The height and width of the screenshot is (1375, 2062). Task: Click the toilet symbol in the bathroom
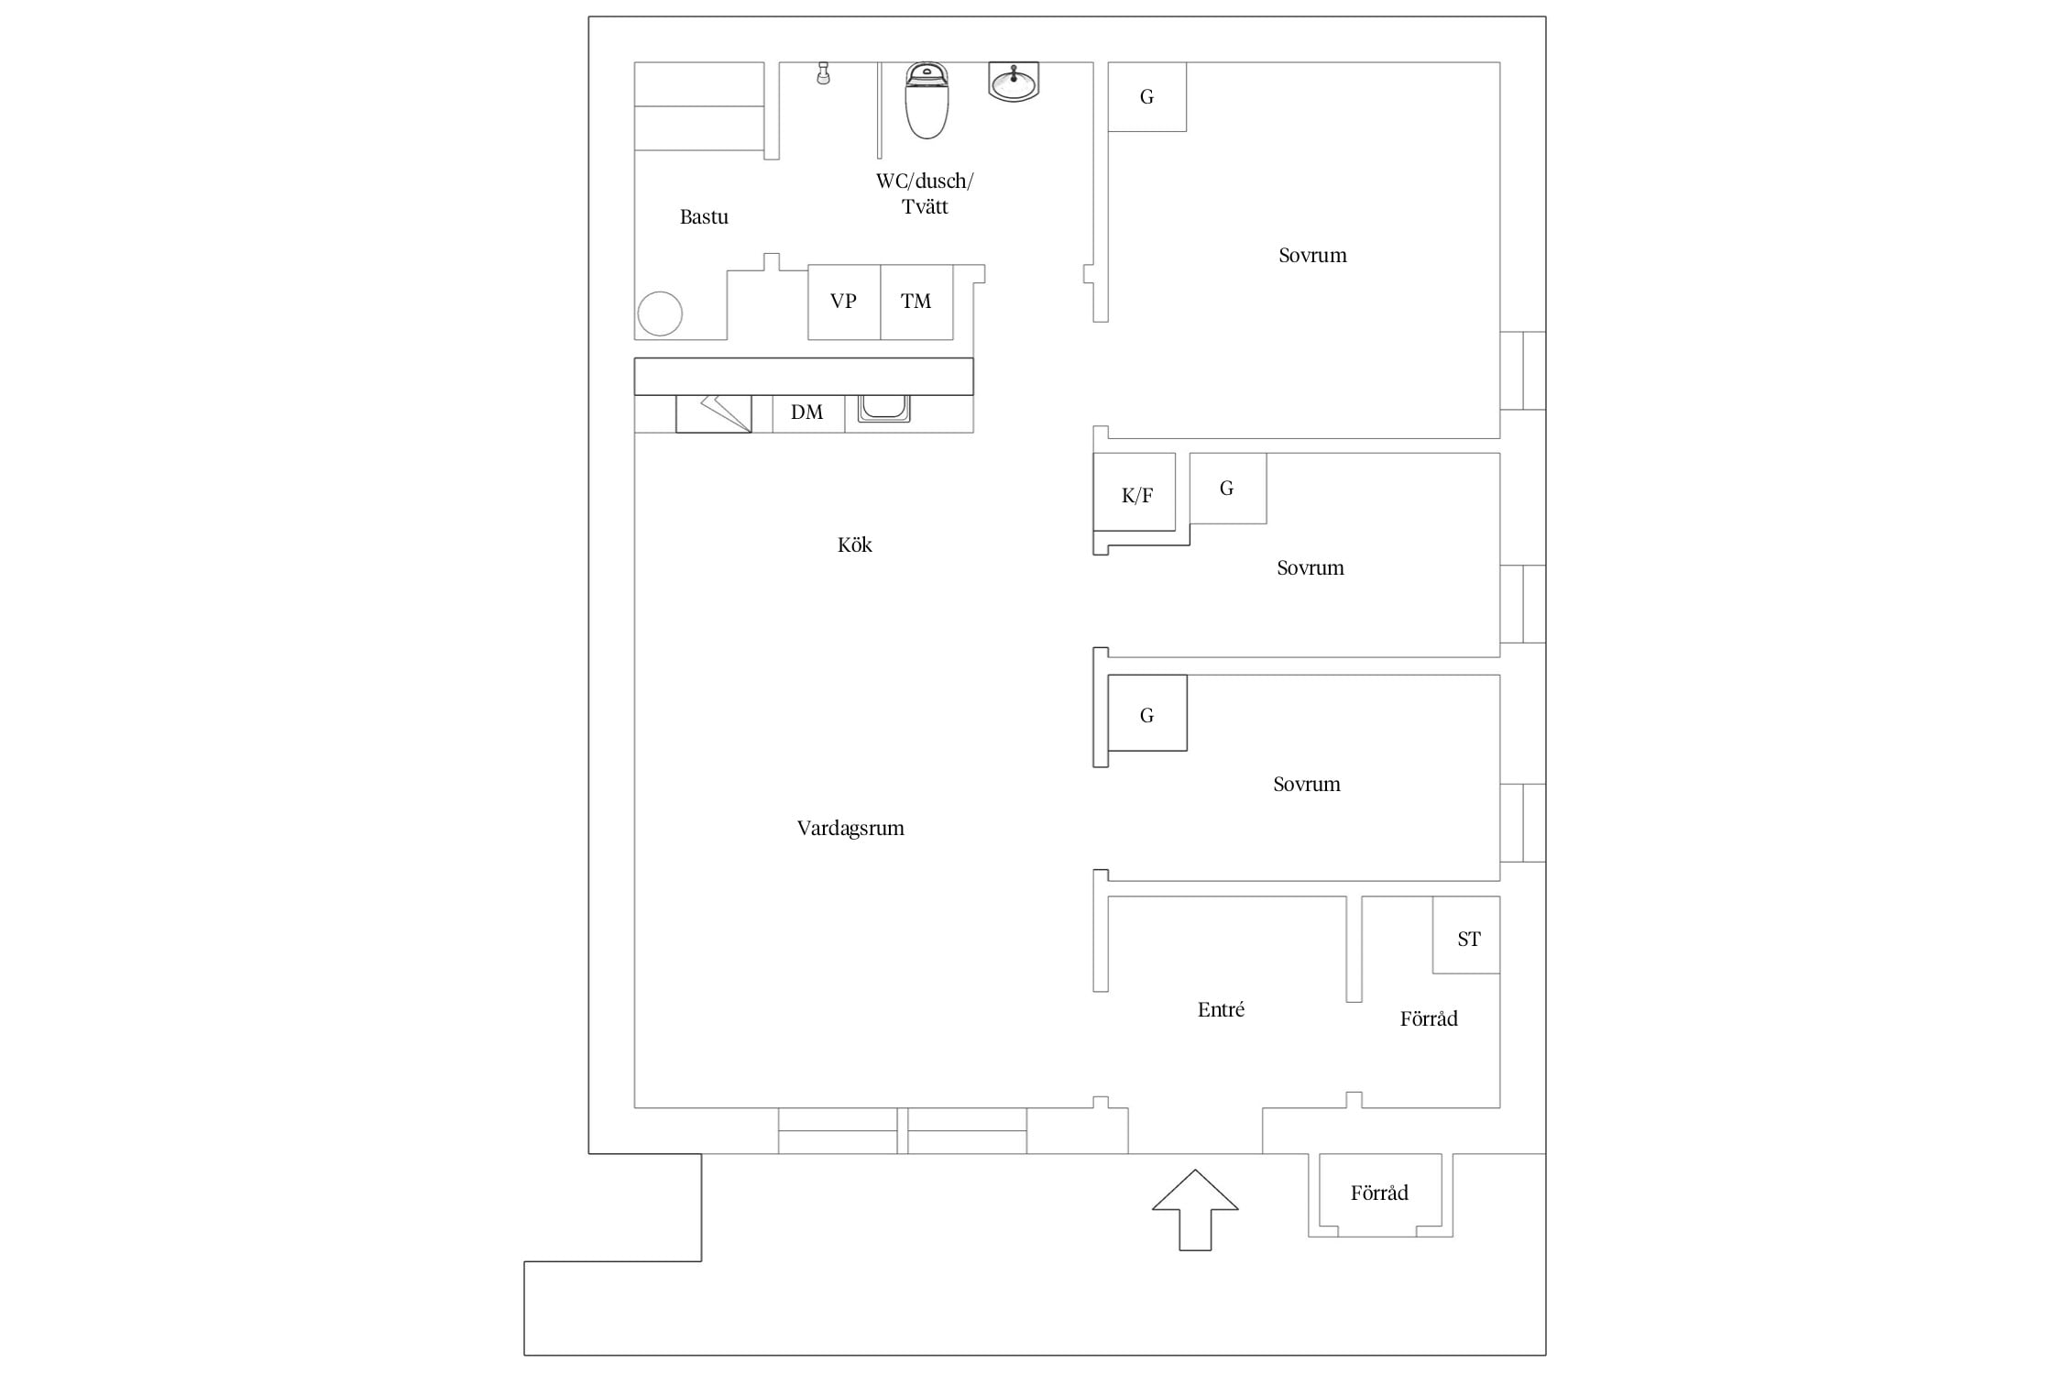[x=927, y=101]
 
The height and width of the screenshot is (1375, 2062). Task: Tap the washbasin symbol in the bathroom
[x=1014, y=81]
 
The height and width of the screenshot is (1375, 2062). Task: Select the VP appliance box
[x=844, y=302]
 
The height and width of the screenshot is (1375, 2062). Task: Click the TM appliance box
[x=916, y=302]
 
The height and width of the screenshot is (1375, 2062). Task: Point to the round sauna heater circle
[x=660, y=314]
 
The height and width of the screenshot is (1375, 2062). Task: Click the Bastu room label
[x=704, y=217]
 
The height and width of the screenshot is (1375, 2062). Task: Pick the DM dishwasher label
[x=806, y=412]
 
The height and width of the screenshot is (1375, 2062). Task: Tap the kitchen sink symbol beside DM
[x=884, y=409]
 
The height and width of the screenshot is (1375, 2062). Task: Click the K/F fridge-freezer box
[x=1135, y=491]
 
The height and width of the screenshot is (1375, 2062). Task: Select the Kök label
[x=854, y=545]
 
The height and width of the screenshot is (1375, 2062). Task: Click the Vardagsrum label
[x=850, y=829]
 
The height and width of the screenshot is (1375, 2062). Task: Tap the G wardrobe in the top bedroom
[x=1147, y=96]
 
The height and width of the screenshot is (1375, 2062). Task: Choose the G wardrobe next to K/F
[x=1228, y=489]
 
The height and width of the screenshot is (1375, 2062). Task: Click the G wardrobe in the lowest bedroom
[x=1147, y=713]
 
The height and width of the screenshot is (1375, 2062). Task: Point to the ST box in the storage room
[x=1466, y=935]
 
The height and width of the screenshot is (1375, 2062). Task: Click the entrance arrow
[x=1195, y=1209]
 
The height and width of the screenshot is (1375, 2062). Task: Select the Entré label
[x=1221, y=1009]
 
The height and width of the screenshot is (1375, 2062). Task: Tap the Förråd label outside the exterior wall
[x=1379, y=1193]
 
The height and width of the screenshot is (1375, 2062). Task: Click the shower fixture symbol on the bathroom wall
[x=823, y=73]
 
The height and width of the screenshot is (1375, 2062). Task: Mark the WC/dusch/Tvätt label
[x=925, y=193]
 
